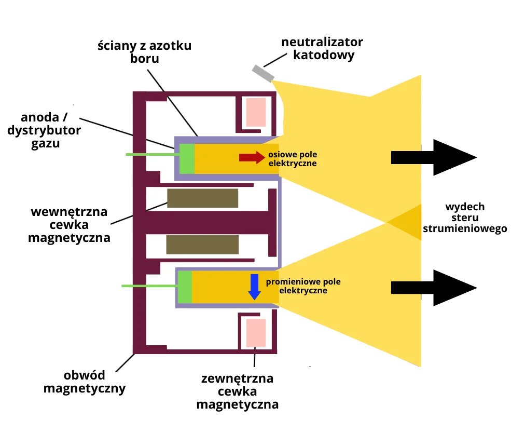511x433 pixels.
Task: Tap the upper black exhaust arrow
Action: coord(433,157)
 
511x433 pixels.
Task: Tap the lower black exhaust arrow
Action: coord(433,288)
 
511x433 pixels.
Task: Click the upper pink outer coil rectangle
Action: coord(256,112)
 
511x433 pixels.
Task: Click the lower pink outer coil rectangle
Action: coord(256,333)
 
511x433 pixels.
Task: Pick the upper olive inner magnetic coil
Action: coord(202,198)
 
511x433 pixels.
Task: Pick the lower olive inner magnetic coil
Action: coord(202,245)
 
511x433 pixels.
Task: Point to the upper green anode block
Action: coord(187,158)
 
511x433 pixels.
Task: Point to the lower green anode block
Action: coord(185,287)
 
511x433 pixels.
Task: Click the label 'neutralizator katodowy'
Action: coord(322,48)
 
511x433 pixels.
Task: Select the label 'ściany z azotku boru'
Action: coord(145,52)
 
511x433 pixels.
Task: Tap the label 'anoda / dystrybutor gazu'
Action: coord(44,130)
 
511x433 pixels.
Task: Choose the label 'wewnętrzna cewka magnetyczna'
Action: coord(69,225)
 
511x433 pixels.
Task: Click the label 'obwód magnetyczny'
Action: coord(84,382)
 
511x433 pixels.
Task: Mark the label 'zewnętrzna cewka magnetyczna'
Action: coord(237,391)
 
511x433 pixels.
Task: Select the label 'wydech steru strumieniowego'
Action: coord(465,218)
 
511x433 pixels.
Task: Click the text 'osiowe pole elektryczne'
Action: coord(293,159)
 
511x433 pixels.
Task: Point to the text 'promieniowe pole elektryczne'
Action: coord(303,286)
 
